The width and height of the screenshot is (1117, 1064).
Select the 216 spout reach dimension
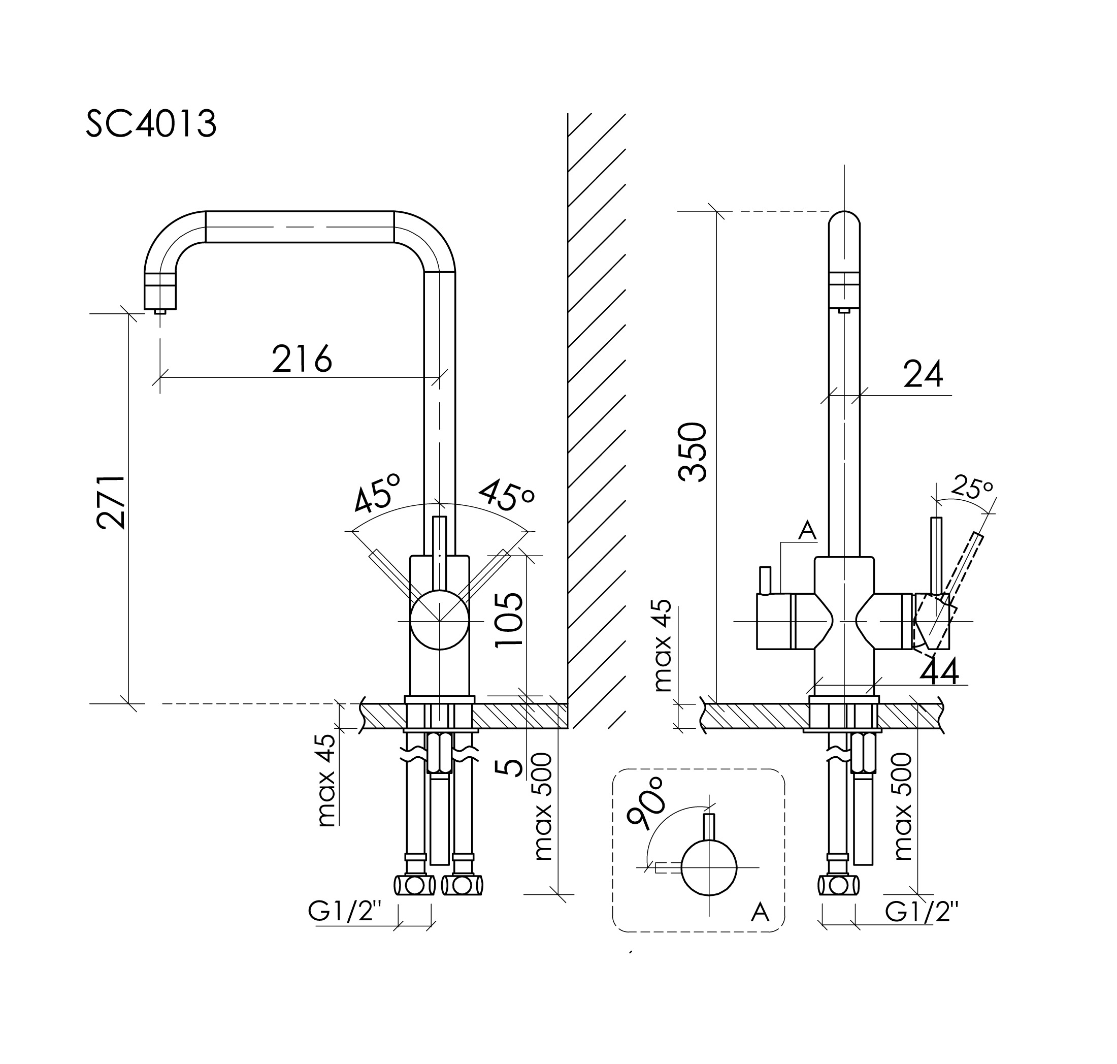click(x=302, y=359)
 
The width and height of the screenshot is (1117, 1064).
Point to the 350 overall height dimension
click(x=693, y=452)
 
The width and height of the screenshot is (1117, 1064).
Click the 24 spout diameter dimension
click(x=923, y=374)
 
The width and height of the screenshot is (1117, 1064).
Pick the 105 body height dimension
click(x=509, y=619)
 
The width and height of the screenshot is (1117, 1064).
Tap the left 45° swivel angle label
click(x=377, y=492)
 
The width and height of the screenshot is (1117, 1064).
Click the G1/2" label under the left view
click(x=344, y=912)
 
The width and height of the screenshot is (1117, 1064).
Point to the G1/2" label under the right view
click(x=922, y=912)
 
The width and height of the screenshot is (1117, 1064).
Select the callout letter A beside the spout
click(x=807, y=531)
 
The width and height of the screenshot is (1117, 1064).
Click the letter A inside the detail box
click(x=760, y=912)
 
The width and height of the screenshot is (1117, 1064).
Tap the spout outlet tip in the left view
click(x=160, y=311)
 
